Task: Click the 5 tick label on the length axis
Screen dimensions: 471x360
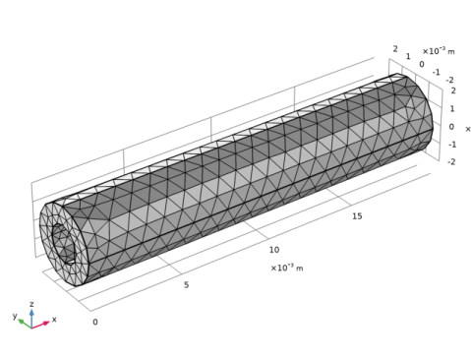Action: tap(186, 284)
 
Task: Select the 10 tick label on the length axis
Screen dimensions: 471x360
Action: tap(274, 250)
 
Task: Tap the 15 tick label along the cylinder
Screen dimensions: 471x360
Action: tap(357, 216)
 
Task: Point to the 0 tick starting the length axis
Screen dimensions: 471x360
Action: tap(95, 322)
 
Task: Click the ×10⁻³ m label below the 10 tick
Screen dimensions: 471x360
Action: tap(287, 268)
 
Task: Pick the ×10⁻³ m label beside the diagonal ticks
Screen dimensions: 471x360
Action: tap(439, 51)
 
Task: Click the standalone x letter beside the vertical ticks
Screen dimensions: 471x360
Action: tap(468, 129)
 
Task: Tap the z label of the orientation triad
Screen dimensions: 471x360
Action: tap(31, 304)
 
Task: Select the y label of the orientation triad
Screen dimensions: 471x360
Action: tap(15, 316)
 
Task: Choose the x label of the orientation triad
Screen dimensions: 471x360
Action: tap(54, 319)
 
